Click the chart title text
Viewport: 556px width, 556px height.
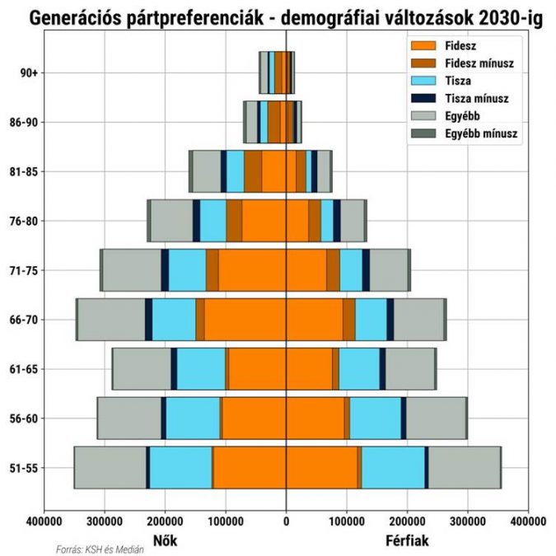[278, 16]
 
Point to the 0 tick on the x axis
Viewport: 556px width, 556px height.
[286, 521]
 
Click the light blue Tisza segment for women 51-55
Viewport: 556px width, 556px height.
[180, 468]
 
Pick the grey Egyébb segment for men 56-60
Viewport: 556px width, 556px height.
[436, 418]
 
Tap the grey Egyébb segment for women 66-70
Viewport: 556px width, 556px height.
[111, 320]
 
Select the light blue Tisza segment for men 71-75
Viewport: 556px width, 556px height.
[351, 270]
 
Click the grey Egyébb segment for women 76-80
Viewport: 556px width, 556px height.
[171, 221]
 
